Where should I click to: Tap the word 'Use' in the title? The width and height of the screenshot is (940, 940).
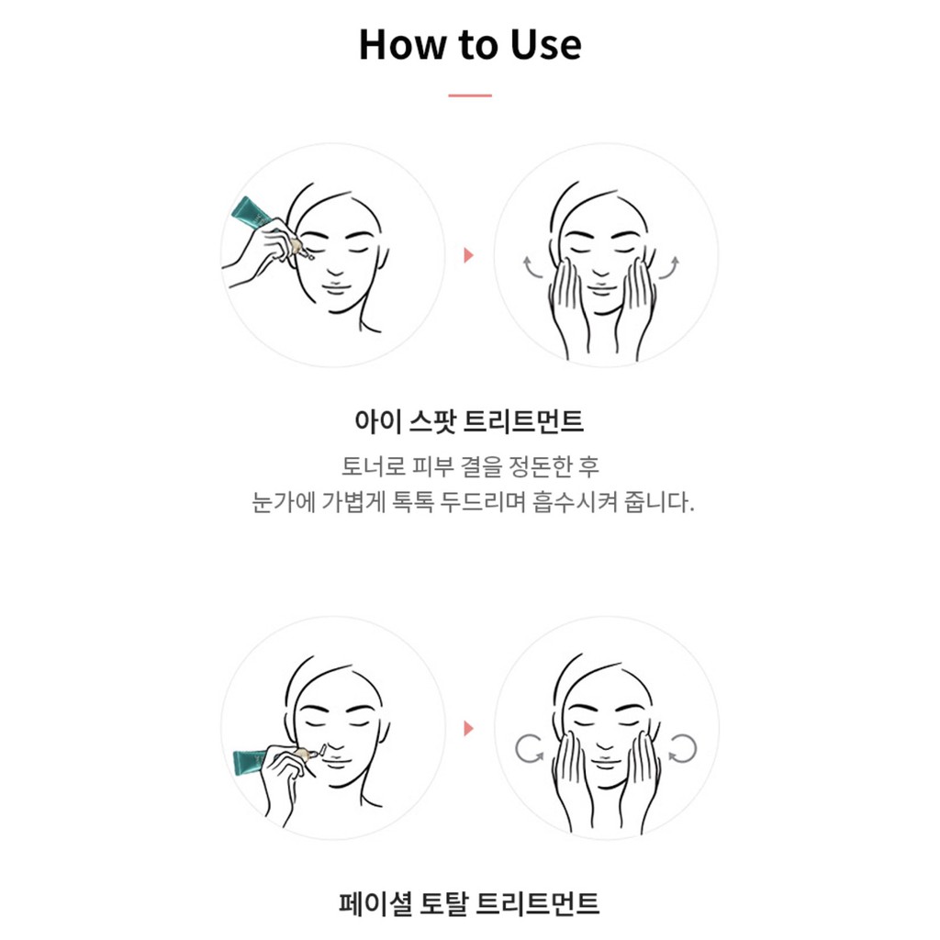pyautogui.click(x=545, y=45)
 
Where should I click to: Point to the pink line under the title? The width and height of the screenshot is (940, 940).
pyautogui.click(x=470, y=95)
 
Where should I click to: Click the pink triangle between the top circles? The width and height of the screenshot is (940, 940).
pyautogui.click(x=469, y=255)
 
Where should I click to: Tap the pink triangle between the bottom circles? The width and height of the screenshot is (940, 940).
pyautogui.click(x=469, y=728)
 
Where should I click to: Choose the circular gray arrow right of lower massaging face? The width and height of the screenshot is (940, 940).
pyautogui.click(x=682, y=749)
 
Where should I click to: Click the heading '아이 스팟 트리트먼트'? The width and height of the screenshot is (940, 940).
pyautogui.click(x=469, y=420)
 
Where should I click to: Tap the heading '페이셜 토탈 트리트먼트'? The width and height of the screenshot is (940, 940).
pyautogui.click(x=469, y=903)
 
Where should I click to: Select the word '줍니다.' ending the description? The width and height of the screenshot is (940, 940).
pyautogui.click(x=659, y=502)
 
